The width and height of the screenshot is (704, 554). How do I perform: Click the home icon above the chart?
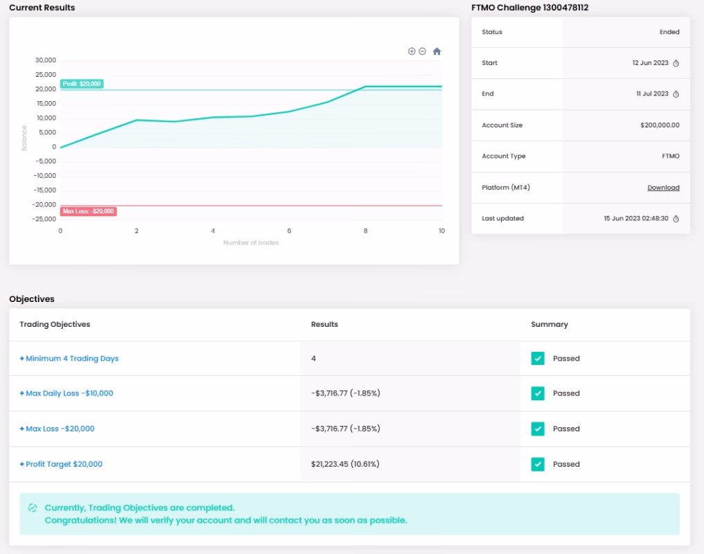tap(437, 51)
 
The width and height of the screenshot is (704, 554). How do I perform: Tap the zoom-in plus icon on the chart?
tap(412, 51)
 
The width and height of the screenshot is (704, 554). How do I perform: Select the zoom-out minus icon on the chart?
tap(422, 51)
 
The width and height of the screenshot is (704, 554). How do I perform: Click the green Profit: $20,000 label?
tap(82, 84)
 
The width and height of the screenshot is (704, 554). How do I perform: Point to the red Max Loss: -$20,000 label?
tap(89, 211)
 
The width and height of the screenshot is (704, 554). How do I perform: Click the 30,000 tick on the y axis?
tap(46, 60)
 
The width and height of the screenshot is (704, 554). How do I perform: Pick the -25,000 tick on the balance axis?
tap(44, 219)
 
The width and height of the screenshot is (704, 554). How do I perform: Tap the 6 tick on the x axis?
tap(289, 231)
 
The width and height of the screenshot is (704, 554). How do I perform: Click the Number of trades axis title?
tap(251, 242)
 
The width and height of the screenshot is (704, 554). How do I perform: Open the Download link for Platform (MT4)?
tap(663, 188)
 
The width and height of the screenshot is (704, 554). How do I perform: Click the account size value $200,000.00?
tap(660, 125)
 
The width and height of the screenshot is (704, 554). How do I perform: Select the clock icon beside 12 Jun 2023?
tap(676, 63)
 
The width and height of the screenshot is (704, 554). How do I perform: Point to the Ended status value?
tap(669, 32)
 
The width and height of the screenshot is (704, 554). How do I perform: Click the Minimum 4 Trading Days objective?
tap(69, 359)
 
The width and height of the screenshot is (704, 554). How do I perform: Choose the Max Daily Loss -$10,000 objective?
tap(67, 393)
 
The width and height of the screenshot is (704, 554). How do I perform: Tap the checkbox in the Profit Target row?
tap(538, 464)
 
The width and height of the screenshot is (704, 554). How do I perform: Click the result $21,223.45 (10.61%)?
tap(345, 464)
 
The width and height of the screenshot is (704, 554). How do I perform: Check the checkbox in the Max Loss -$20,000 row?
tap(538, 429)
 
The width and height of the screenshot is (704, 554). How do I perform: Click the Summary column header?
tap(549, 324)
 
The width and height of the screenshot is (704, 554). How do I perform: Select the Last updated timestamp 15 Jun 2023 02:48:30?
tap(636, 218)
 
